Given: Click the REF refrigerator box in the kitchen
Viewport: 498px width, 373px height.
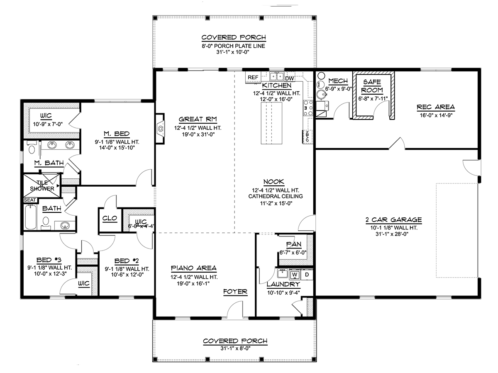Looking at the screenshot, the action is [253, 77].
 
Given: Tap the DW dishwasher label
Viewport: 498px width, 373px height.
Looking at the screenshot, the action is [289, 78].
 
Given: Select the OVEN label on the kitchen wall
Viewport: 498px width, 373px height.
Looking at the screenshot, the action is [307, 137].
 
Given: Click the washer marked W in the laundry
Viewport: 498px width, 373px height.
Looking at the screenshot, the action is [295, 275].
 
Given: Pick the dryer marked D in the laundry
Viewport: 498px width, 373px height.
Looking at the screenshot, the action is [307, 275].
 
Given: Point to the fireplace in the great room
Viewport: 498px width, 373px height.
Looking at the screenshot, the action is [160, 129].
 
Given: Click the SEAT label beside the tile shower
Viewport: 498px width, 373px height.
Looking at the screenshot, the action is [30, 200].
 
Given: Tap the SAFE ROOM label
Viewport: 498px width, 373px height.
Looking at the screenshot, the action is [372, 86].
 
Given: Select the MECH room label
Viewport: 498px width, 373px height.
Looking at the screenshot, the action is [338, 81].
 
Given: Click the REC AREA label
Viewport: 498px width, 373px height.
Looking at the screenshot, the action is [436, 107].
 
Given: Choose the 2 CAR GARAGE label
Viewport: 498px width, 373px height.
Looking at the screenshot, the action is [394, 219].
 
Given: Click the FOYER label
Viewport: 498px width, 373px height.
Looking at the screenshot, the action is [235, 291].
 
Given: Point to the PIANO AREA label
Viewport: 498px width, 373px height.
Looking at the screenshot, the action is [194, 268].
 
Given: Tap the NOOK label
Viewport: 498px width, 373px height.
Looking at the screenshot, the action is [273, 182].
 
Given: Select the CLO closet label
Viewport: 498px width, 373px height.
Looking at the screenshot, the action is [110, 218].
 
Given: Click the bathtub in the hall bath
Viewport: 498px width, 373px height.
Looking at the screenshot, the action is [31, 217].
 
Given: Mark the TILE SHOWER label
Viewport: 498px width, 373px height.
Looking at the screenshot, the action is [42, 185].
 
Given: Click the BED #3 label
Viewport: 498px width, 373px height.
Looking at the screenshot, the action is [49, 260].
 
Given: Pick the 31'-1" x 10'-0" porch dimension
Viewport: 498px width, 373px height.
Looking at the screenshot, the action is [233, 52].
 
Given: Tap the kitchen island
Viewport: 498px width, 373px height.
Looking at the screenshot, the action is [271, 123].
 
